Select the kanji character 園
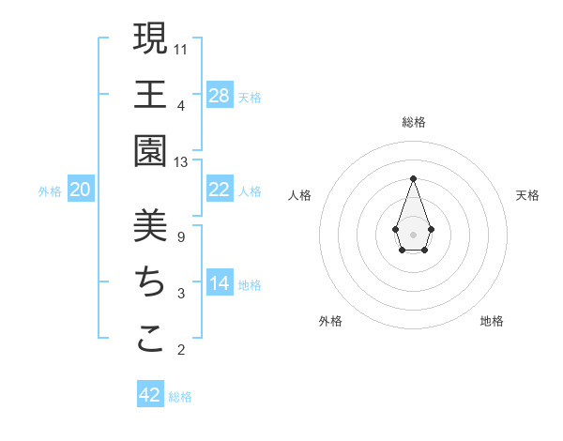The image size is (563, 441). tap(150, 151)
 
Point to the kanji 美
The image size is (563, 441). tap(150, 226)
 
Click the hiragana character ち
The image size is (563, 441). tap(150, 282)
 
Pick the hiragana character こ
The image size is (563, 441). tap(150, 339)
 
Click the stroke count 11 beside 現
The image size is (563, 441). tap(181, 49)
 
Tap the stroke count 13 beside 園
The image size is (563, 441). tap(181, 162)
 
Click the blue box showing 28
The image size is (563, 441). tap(220, 95)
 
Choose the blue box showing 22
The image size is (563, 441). tap(220, 190)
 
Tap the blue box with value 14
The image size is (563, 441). tap(220, 283)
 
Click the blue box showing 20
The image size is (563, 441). tap(81, 190)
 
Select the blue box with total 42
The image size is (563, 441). tap(150, 395)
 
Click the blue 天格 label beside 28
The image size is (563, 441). tap(250, 97)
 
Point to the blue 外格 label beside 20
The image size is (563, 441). tap(50, 191)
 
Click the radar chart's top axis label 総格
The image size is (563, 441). tap(413, 122)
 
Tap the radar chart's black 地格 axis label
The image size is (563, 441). tap(492, 321)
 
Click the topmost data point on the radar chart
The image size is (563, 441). tap(413, 178)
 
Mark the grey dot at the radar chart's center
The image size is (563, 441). tap(413, 234)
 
